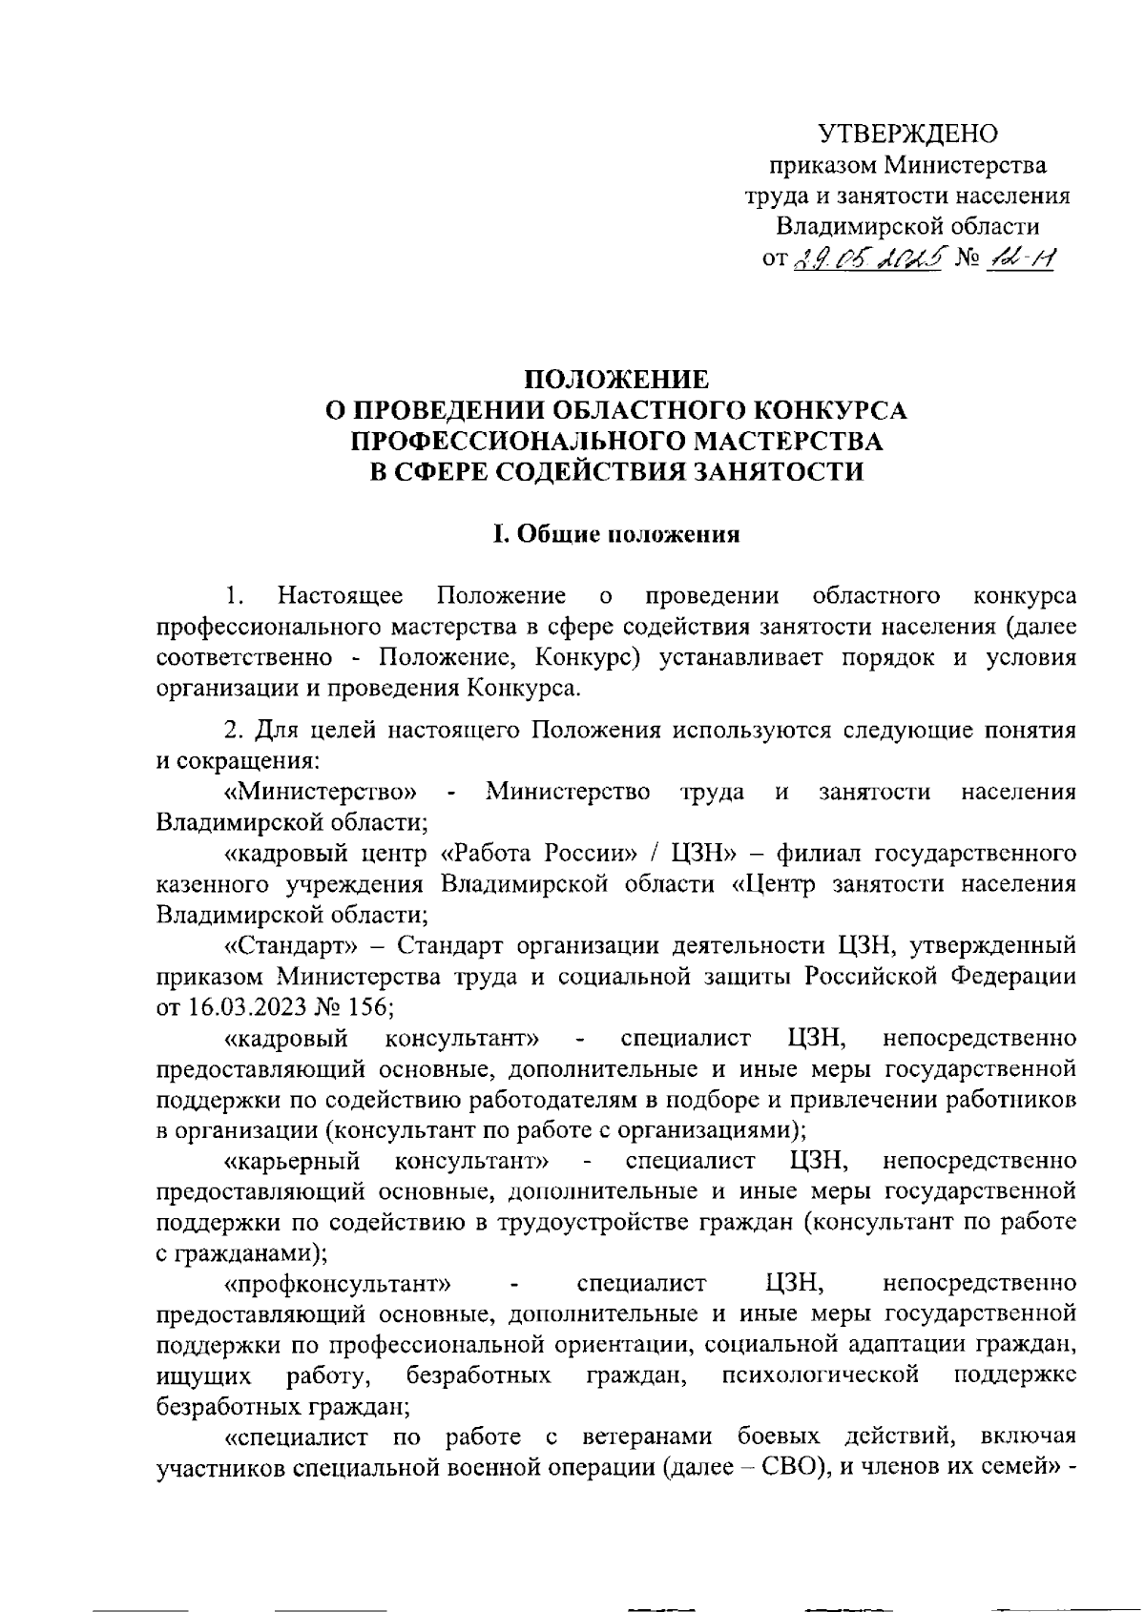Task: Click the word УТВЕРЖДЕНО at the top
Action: (909, 134)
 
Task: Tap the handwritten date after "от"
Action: (867, 256)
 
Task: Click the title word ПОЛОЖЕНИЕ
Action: (617, 379)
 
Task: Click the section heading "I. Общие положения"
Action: (616, 534)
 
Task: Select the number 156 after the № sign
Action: (368, 1006)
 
